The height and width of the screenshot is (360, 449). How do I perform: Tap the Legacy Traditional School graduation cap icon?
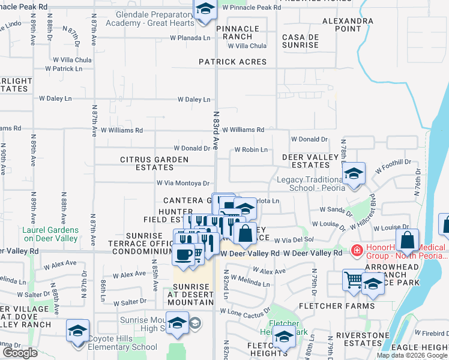(354, 174)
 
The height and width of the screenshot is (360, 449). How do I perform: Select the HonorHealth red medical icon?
(357, 249)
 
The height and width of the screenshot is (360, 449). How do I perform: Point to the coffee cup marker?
(184, 254)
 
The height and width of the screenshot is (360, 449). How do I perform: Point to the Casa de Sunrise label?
(300, 41)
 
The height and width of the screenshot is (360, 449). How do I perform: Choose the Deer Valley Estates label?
(306, 161)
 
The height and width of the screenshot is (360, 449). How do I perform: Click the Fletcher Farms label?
(348, 306)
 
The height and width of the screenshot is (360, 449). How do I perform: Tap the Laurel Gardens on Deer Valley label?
(50, 234)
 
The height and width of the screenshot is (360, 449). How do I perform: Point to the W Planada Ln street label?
(190, 37)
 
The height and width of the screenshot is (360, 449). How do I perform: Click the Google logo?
(20, 353)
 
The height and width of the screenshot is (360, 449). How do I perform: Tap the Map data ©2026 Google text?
(412, 355)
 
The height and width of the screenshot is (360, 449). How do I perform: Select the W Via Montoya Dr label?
(182, 184)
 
